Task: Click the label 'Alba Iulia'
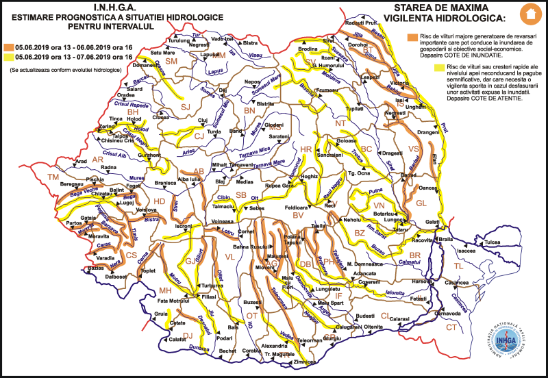pos(188,179)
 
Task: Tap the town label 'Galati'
pos(432,223)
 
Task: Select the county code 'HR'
pos(306,149)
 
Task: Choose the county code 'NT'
pos(340,123)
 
